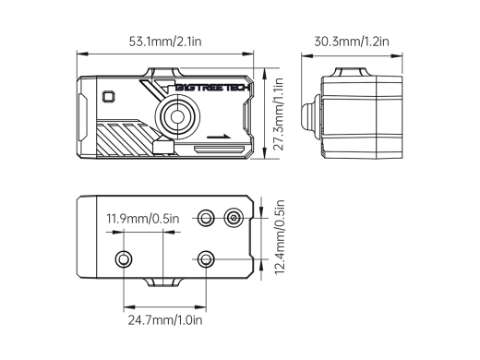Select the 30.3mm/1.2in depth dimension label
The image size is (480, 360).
coord(352,41)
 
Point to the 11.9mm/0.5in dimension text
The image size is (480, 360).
coord(142,219)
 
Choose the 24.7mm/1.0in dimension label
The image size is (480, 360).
coord(163,320)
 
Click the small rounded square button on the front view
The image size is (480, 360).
coord(109,95)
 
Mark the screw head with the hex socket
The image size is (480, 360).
coord(234,218)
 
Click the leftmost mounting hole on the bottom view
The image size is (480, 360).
coord(122,256)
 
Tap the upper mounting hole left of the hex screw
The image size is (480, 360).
coord(207,218)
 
